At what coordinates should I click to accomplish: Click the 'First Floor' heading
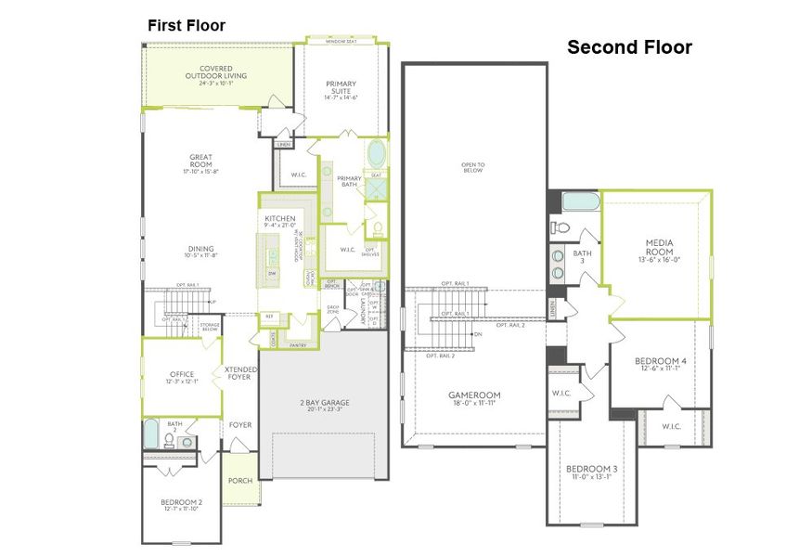tap(187, 25)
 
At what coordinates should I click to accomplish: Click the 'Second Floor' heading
tap(629, 47)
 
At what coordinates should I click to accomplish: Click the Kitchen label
tap(279, 222)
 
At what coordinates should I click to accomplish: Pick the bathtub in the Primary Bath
tap(378, 153)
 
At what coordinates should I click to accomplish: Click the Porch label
tap(240, 480)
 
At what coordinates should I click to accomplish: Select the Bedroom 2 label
tap(182, 506)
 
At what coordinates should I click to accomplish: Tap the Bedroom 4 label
tap(660, 364)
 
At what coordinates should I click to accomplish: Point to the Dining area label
tap(201, 252)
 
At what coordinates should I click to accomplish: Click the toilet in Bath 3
tap(560, 227)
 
